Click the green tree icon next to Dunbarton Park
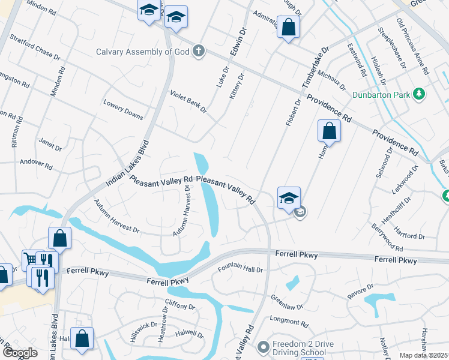[x=420, y=94]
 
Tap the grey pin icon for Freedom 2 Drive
[x=262, y=347]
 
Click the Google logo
[x=20, y=353]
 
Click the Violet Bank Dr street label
[x=188, y=102]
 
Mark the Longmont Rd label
[x=288, y=321]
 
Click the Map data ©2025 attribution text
[x=424, y=355]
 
